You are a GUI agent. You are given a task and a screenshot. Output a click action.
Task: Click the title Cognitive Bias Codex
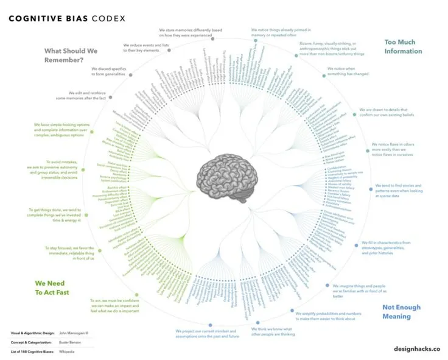67,18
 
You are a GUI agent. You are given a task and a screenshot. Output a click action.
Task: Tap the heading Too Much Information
402,47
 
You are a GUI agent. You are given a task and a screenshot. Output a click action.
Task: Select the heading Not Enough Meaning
401,311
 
